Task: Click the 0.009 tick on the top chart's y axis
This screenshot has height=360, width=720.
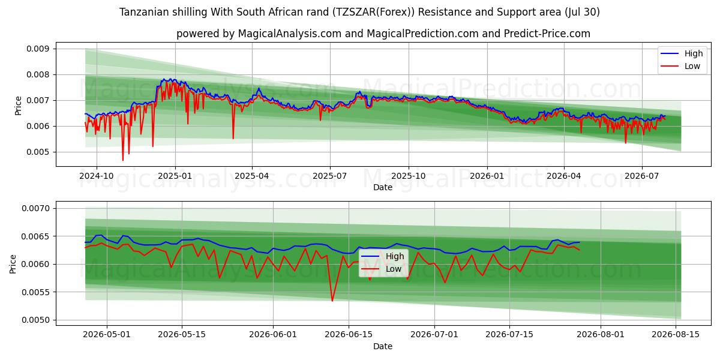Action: (x=38, y=49)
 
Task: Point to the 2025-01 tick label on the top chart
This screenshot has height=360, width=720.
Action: (x=175, y=176)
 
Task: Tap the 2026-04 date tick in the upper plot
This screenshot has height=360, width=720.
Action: (x=564, y=176)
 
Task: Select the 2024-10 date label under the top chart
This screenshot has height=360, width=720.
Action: (x=97, y=176)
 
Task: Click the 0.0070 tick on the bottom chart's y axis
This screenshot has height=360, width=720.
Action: (x=35, y=208)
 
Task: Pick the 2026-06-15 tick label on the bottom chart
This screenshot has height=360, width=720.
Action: (x=349, y=334)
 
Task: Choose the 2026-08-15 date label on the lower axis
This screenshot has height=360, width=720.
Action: (x=676, y=334)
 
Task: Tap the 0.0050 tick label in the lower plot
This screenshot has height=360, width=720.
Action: (x=35, y=320)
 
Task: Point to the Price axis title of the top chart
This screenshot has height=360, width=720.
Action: (x=18, y=106)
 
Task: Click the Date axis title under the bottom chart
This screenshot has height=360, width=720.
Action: (x=383, y=346)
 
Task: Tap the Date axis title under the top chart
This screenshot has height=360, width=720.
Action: (x=383, y=187)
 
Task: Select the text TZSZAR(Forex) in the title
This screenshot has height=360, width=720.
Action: (x=373, y=12)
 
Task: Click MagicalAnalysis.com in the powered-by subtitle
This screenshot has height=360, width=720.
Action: (x=290, y=34)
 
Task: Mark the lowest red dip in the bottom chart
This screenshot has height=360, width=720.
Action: (x=332, y=301)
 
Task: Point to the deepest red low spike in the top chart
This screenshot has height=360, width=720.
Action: (x=123, y=160)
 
